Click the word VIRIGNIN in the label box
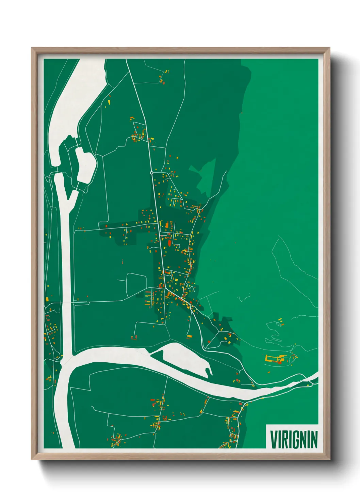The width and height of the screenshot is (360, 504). coord(294,439)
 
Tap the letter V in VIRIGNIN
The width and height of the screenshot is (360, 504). coord(273,439)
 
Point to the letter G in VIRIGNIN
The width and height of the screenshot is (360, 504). coord(295,439)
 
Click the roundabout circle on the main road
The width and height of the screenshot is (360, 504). coord(151,173)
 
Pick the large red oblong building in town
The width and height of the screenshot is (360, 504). coord(169,243)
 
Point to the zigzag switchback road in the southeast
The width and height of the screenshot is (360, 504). coord(274,332)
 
